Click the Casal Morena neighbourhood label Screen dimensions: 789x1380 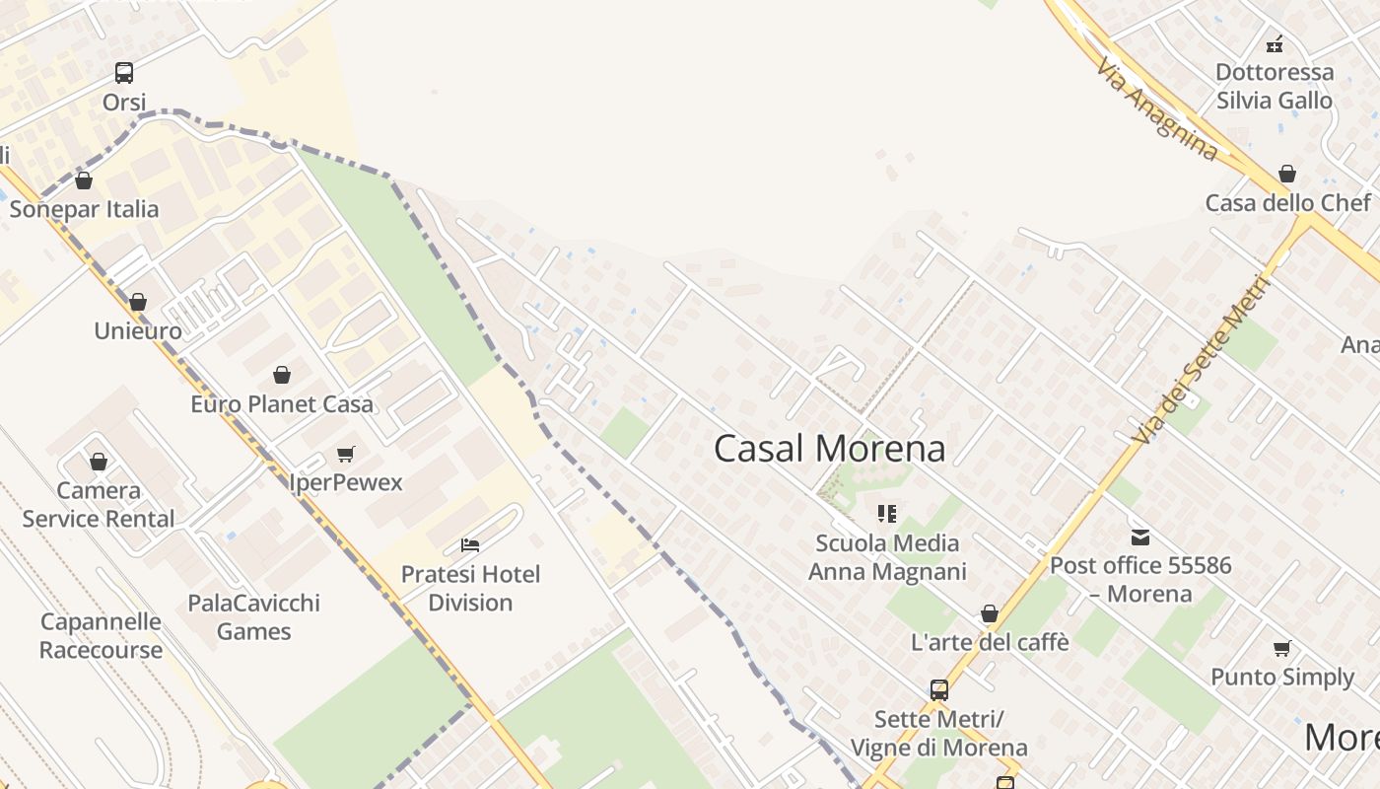829,449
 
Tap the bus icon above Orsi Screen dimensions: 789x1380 124,72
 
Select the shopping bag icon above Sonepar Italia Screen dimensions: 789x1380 84,180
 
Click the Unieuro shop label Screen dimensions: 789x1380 138,330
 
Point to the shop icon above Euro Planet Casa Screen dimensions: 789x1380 282,375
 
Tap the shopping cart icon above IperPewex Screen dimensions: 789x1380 345,454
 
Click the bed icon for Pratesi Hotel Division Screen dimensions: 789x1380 470,545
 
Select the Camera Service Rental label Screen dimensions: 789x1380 99,504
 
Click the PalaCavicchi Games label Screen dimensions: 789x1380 254,616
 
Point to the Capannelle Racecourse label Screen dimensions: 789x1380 101,635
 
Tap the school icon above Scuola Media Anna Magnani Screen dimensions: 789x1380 887,514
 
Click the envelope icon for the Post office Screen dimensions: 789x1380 1140,538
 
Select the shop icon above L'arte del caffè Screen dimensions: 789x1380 990,613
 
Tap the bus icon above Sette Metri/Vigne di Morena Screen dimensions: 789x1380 939,690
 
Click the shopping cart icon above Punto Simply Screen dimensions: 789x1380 1281,648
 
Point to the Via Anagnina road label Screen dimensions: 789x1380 1157,109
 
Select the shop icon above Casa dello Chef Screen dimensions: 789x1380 1287,175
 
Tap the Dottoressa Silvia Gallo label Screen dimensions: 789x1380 1274,86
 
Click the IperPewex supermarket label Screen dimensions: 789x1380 346,482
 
